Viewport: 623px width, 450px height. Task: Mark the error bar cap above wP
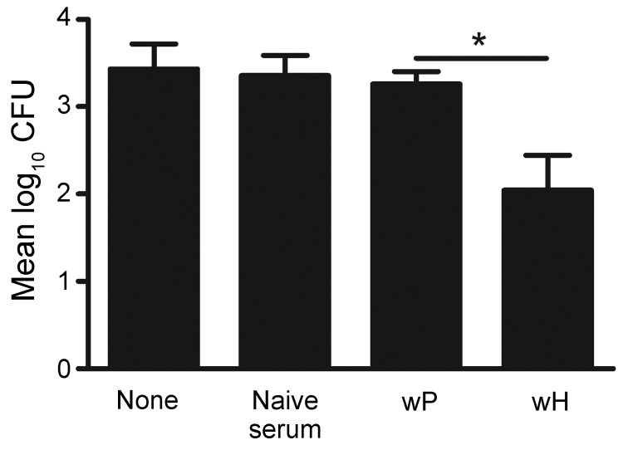tap(414, 72)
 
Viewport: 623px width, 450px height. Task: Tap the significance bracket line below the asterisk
tap(480, 58)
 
